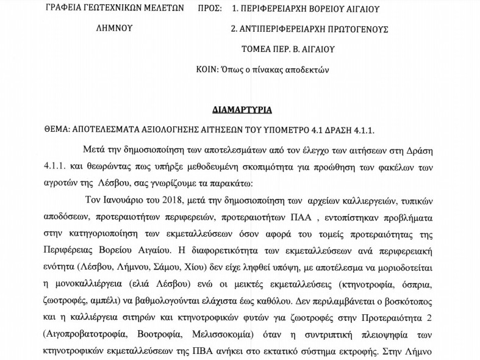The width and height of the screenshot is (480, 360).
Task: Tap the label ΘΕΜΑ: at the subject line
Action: (x=57, y=129)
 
